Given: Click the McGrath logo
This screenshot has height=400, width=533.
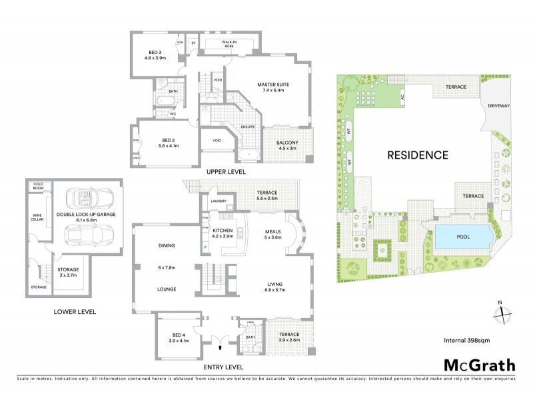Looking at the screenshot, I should (479, 365).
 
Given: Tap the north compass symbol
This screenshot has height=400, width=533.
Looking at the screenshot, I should (504, 313).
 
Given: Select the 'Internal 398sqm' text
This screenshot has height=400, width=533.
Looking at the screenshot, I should (468, 341).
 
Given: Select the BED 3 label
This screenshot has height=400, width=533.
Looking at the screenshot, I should (155, 54).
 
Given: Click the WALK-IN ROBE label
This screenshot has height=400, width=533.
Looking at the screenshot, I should (229, 44).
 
